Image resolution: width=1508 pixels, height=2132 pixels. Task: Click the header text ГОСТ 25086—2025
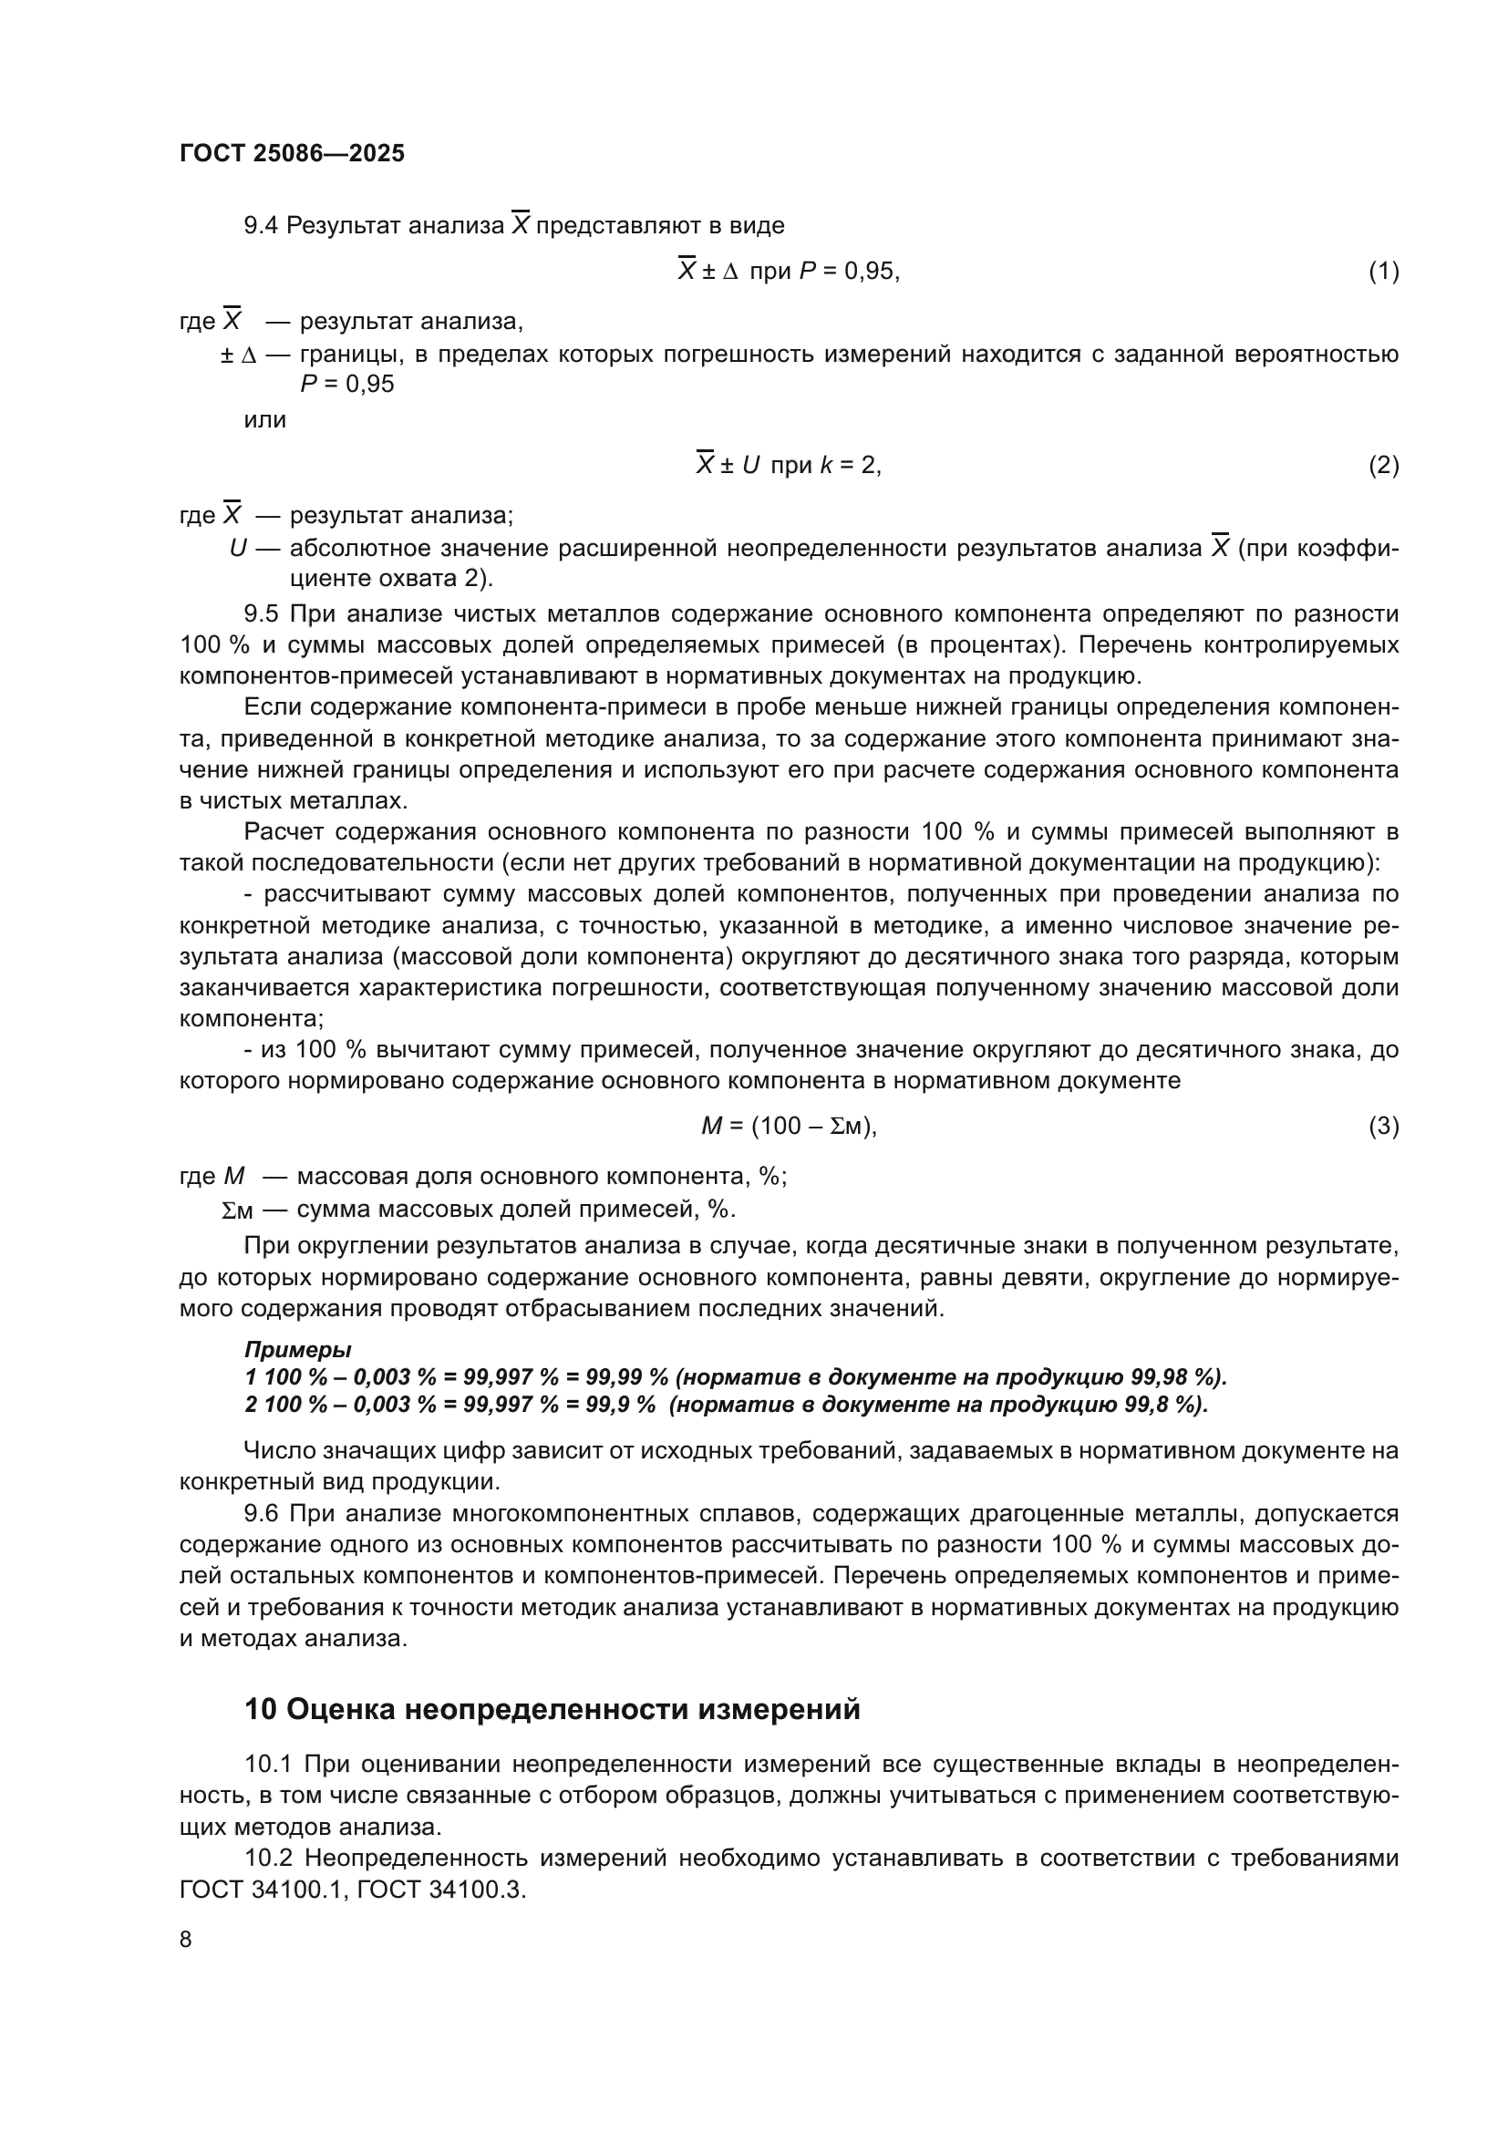tap(292, 153)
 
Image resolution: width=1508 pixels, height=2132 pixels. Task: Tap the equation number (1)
tap(1383, 271)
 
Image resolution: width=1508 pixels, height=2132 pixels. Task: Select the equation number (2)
tap(1383, 465)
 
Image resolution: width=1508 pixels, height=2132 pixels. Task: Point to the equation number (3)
tap(1383, 1127)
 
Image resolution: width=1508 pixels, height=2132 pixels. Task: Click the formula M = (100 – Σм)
tap(789, 1127)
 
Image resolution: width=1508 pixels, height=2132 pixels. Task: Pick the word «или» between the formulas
tap(264, 419)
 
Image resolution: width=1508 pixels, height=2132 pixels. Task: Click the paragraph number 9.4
tap(261, 226)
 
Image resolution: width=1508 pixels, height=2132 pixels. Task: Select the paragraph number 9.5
tap(261, 613)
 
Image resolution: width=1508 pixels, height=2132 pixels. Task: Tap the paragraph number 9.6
tap(261, 1514)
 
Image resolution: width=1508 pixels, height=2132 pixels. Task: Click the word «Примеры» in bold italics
tap(297, 1349)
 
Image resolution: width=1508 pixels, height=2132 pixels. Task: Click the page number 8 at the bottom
tap(186, 1940)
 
